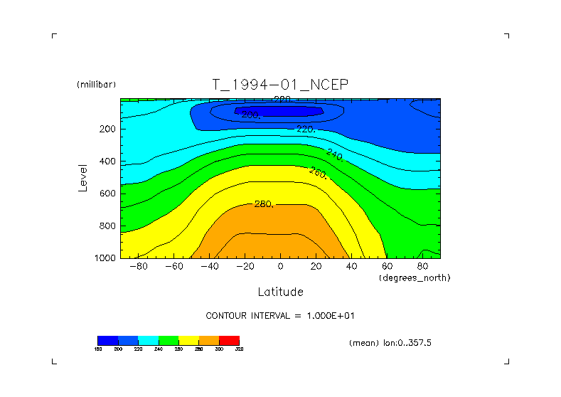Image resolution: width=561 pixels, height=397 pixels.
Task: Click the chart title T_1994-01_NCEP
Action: [280, 85]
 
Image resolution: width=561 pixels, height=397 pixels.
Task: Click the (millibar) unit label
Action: [96, 85]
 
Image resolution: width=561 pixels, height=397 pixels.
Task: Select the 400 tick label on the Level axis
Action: [107, 162]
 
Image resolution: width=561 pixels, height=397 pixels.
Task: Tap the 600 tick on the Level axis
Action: [107, 194]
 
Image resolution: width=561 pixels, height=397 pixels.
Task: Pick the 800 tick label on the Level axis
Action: [107, 226]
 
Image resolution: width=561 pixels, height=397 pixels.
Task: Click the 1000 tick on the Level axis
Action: [105, 258]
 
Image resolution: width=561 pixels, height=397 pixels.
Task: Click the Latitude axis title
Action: [280, 292]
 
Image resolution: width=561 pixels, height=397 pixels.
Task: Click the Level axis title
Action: [83, 178]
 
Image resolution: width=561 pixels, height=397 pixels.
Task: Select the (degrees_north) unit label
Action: [415, 277]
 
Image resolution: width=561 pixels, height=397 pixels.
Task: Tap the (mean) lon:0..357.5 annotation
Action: [390, 343]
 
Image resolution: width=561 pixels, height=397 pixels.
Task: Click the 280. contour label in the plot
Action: [264, 204]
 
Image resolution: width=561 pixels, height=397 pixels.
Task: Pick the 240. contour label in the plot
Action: [335, 154]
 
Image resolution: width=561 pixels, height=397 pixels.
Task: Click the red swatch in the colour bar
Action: [229, 340]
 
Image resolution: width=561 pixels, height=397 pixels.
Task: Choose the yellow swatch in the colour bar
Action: [188, 340]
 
